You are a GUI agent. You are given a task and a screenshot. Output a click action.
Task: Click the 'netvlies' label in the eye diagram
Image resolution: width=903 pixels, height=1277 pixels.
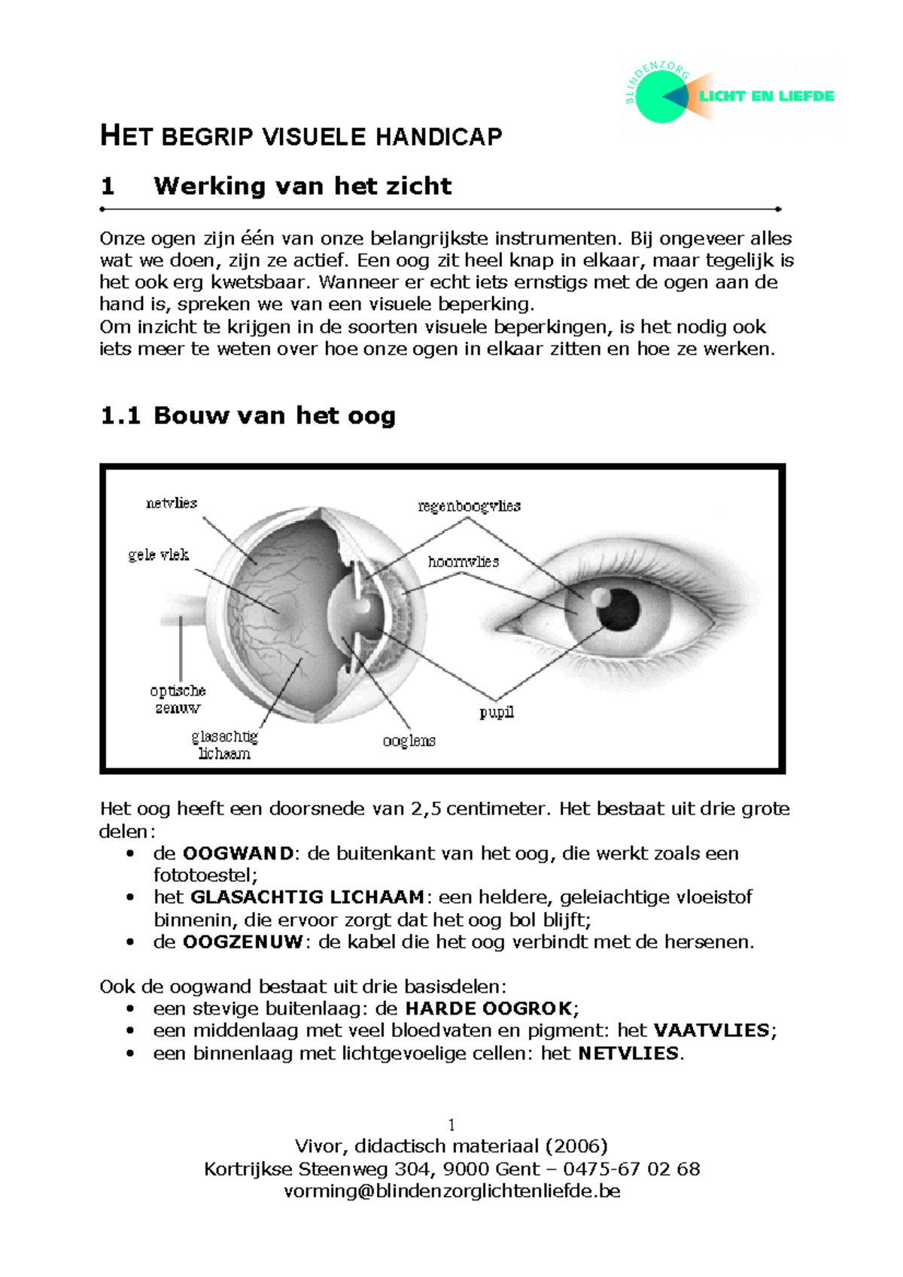172,503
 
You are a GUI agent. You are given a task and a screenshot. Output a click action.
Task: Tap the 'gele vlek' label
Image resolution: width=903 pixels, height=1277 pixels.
159,555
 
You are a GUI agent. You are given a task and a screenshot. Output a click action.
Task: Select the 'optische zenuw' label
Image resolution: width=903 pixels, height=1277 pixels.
178,699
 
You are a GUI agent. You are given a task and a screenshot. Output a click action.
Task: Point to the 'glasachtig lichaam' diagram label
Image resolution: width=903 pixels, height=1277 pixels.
224,745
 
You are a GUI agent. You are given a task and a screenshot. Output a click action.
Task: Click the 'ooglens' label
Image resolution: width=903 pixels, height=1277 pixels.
409,741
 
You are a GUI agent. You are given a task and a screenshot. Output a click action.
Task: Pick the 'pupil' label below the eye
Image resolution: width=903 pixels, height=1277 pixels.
497,711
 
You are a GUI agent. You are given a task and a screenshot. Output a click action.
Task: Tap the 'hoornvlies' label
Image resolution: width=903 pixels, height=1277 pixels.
463,562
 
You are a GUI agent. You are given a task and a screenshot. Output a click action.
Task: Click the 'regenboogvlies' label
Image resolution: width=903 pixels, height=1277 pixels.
469,506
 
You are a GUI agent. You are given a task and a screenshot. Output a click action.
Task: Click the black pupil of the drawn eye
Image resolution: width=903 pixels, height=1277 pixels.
619,609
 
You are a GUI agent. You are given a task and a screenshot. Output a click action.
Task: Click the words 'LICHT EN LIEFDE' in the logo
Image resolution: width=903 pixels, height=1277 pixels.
766,96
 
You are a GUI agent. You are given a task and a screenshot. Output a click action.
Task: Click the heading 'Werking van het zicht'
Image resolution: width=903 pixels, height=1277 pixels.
302,186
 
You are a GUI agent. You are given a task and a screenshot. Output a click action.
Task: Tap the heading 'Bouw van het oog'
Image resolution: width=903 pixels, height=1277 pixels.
274,415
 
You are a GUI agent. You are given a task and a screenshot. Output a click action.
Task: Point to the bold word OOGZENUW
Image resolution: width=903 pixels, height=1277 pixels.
242,942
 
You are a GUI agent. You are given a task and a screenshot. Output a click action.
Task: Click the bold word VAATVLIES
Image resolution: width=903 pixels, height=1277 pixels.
711,1030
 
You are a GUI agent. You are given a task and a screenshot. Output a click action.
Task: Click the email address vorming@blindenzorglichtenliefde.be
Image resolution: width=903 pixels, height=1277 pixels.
451,1191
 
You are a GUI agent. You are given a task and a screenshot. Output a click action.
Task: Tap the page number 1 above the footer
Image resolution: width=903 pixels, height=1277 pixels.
451,1125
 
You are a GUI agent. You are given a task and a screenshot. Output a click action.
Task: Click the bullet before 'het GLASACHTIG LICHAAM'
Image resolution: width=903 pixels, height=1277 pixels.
131,898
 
